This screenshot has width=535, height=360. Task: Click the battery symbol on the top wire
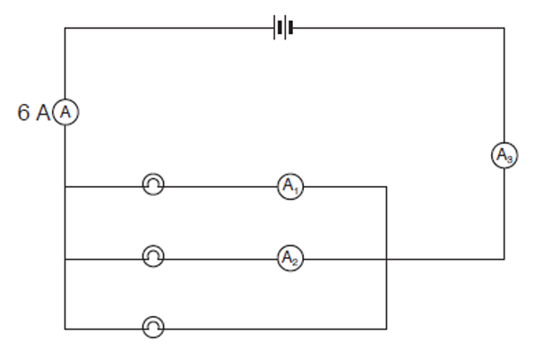tap(283, 27)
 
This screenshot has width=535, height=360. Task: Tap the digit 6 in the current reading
tap(23, 113)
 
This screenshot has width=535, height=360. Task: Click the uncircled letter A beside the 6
tap(43, 113)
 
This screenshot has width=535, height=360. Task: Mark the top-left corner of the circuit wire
tap(65, 28)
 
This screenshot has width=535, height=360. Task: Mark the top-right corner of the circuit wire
tap(505, 28)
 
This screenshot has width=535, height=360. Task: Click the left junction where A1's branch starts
tap(65, 187)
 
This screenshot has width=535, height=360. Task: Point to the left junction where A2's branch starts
tap(65, 260)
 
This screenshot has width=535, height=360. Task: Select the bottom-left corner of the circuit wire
tap(65, 329)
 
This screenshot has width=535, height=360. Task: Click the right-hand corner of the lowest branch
tap(386, 329)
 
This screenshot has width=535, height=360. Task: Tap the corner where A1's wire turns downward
tap(386, 187)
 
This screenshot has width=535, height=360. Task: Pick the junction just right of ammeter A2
tap(386, 260)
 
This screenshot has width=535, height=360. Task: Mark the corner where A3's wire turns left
tap(505, 260)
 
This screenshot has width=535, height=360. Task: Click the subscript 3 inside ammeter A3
tap(509, 159)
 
